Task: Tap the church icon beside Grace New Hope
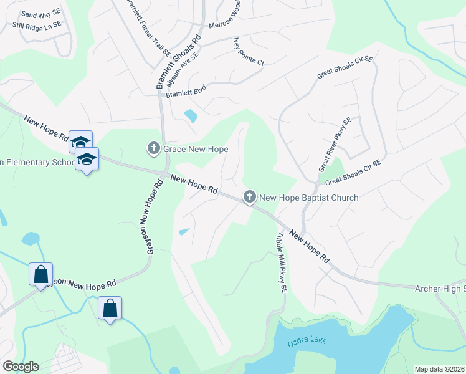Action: [x=154, y=149]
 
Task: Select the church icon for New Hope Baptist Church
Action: [x=250, y=198]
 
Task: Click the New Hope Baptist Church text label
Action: [x=308, y=198]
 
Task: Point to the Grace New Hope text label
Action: [x=196, y=150]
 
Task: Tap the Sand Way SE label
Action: [x=40, y=13]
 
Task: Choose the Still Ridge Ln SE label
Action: [x=37, y=25]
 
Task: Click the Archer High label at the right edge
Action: [x=440, y=288]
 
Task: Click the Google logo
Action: [x=21, y=367]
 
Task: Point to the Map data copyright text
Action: [x=439, y=369]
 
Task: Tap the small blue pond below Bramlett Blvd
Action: [x=191, y=116]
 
